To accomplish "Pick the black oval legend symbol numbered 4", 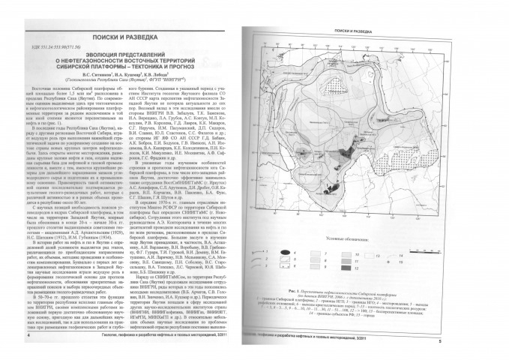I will point(286,252).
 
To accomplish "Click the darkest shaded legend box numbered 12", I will point(346,268).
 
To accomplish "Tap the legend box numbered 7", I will point(316,253).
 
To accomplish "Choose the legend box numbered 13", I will point(369,256).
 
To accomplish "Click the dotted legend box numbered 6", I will point(286,265).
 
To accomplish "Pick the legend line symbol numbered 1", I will point(259,252).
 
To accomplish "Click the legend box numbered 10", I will point(346,253).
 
